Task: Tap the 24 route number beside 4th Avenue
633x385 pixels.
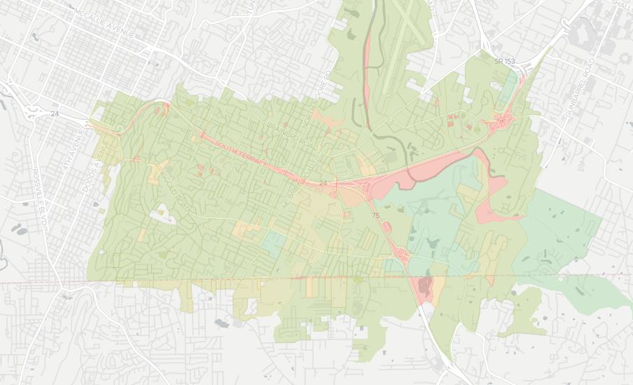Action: (x=55, y=113)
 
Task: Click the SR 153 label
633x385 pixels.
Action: (x=503, y=62)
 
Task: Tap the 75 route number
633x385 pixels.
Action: (x=376, y=216)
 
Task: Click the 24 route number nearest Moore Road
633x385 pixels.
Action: (x=323, y=183)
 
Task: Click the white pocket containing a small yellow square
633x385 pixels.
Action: (x=162, y=214)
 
